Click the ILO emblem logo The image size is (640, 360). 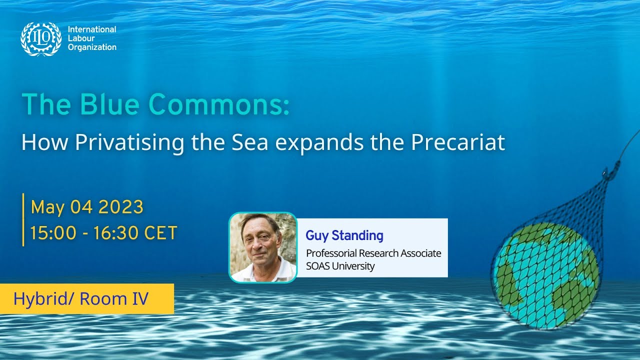click(41, 39)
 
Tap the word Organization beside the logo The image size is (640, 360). click(92, 47)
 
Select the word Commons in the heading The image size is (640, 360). click(220, 104)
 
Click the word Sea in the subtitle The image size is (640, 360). click(247, 142)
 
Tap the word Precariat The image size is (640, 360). click(458, 142)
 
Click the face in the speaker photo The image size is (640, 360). click(261, 239)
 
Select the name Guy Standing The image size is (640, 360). click(344, 235)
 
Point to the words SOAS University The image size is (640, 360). click(340, 266)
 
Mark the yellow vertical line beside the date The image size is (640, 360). click(23, 219)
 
